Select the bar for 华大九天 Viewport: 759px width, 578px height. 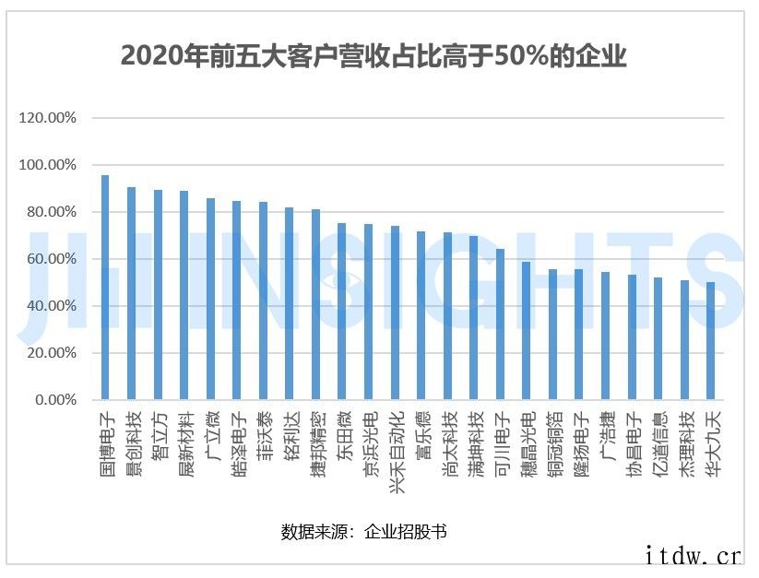[711, 341]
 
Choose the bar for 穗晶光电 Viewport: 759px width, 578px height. [527, 331]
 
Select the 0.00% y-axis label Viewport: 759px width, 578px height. [54, 400]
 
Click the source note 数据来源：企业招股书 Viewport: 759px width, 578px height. [364, 532]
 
